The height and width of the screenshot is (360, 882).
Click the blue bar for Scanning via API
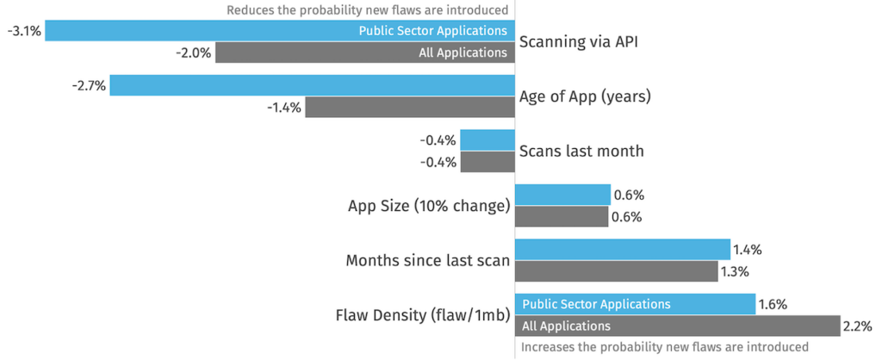(x=280, y=30)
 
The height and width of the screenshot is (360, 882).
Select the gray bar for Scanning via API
(x=365, y=53)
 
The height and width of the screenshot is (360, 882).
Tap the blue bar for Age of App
(x=312, y=85)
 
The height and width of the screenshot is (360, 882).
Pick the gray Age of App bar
(x=410, y=107)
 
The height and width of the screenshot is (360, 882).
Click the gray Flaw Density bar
(x=677, y=326)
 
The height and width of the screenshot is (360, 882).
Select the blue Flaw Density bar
(x=635, y=304)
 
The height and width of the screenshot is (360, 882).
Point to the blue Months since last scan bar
(x=623, y=249)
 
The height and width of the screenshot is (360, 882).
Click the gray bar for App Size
(x=562, y=216)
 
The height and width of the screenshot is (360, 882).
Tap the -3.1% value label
(x=24, y=31)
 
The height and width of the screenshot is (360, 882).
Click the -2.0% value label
(x=194, y=53)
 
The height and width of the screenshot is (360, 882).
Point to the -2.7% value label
(x=89, y=85)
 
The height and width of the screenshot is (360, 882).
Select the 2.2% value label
(x=857, y=326)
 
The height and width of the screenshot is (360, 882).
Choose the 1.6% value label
(x=773, y=304)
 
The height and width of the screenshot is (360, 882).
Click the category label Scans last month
(x=581, y=152)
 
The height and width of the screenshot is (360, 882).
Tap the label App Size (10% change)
(x=429, y=206)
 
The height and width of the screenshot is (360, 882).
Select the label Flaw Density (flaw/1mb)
(x=423, y=315)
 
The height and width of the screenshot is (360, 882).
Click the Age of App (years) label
(x=585, y=96)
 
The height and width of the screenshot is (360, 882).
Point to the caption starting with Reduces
(x=367, y=9)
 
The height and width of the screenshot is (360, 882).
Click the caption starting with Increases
(x=665, y=346)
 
